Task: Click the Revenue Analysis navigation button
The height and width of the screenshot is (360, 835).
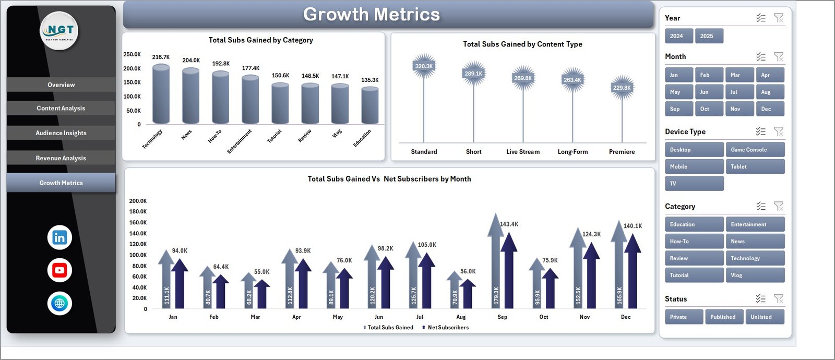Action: [x=61, y=158]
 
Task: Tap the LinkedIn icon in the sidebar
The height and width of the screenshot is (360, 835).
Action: [x=59, y=237]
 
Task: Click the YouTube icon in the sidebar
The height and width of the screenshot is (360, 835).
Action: [x=59, y=270]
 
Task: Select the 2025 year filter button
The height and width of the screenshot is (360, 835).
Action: [x=709, y=36]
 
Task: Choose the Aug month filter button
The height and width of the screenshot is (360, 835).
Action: [x=769, y=92]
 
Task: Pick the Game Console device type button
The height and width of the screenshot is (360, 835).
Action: [x=755, y=150]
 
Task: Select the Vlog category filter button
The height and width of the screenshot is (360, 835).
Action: [x=755, y=275]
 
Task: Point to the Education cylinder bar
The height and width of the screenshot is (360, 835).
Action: [x=370, y=106]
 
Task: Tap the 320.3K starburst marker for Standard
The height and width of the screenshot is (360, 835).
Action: [x=424, y=66]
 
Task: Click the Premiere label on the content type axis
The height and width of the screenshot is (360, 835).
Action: [x=622, y=152]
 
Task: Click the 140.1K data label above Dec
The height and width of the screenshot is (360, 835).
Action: [x=633, y=226]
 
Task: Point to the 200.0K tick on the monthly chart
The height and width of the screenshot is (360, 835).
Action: [x=138, y=201]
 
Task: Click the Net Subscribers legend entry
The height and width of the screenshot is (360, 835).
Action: [x=447, y=328]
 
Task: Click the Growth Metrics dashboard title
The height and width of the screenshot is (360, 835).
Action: [x=371, y=15]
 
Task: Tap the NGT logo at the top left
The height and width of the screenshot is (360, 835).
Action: [x=59, y=30]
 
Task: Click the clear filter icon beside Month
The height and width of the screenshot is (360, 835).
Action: [x=778, y=56]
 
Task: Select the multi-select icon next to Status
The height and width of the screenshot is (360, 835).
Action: [x=760, y=298]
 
